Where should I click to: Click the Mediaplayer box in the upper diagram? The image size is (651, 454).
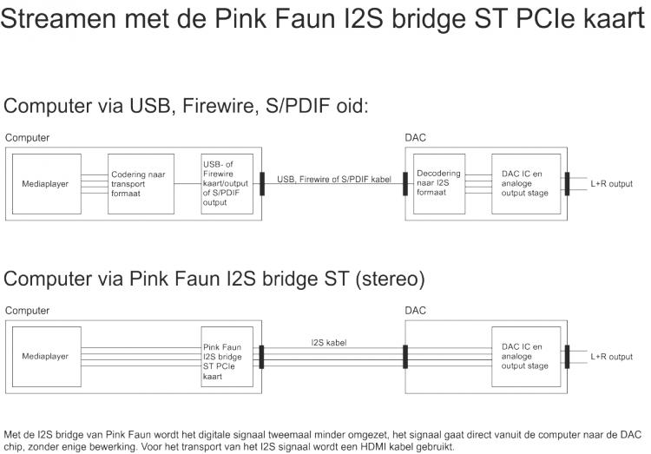pyautogui.click(x=45, y=184)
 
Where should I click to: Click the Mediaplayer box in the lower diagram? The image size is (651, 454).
pyautogui.click(x=45, y=356)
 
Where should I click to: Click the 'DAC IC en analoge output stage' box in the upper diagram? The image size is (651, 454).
pyautogui.click(x=525, y=184)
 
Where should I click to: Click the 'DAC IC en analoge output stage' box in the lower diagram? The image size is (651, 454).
pyautogui.click(x=525, y=356)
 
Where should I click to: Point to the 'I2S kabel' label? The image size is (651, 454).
pyautogui.click(x=329, y=343)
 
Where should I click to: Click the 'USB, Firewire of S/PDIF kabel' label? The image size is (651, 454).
pyautogui.click(x=334, y=179)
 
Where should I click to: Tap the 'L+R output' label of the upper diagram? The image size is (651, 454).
pyautogui.click(x=612, y=184)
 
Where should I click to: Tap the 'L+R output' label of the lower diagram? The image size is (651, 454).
pyautogui.click(x=612, y=356)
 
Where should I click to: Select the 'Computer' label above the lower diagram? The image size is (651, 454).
pyautogui.click(x=27, y=310)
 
